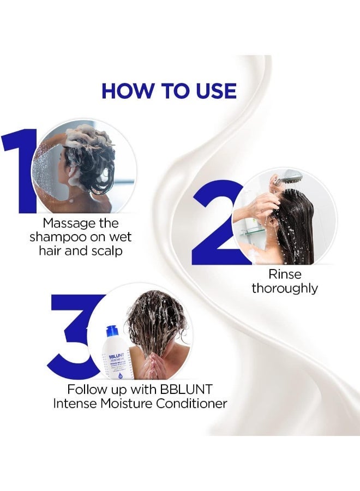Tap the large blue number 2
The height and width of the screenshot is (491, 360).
pos(215,224)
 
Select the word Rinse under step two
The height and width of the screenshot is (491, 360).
pos(284,274)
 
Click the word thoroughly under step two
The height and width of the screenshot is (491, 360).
pos(284,288)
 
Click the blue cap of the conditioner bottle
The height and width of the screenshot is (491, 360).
pos(112,331)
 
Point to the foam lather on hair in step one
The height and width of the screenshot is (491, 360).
pos(93,136)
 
